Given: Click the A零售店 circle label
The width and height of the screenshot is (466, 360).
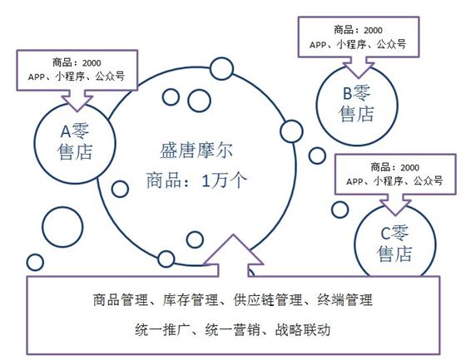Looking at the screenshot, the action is (x=75, y=142).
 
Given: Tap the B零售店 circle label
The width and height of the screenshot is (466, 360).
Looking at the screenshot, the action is (x=356, y=103).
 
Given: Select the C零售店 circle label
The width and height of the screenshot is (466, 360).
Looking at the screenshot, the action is (x=394, y=244).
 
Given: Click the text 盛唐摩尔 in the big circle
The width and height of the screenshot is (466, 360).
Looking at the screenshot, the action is (x=196, y=150).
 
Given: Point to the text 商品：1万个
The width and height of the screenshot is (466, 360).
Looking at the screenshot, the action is (x=196, y=180).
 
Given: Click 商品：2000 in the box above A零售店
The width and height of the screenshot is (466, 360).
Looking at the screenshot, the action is (x=77, y=63).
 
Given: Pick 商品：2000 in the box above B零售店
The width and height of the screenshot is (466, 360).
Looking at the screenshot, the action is (x=358, y=30).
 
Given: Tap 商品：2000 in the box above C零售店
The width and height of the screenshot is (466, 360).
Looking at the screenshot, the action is (x=394, y=167).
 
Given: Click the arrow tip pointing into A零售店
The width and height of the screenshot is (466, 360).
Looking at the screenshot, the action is (x=77, y=111).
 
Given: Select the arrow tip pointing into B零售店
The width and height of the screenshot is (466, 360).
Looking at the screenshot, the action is (x=359, y=78).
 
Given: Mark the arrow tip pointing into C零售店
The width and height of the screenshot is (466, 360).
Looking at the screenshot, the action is (x=395, y=215).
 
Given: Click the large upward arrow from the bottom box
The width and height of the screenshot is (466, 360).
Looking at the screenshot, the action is (x=233, y=255).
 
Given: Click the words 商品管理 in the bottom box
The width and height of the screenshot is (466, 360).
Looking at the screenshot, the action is (x=121, y=299).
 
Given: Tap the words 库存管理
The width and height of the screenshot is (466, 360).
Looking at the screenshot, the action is (x=191, y=299).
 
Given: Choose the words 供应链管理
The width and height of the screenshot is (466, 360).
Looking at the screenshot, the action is (x=267, y=299).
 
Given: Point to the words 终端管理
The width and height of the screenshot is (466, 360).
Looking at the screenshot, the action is (x=345, y=299).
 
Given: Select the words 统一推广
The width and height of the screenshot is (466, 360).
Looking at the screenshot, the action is (x=162, y=330).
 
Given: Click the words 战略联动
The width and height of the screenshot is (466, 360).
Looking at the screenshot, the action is (x=303, y=330).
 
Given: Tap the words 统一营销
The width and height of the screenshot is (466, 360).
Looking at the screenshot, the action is (x=232, y=330).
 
